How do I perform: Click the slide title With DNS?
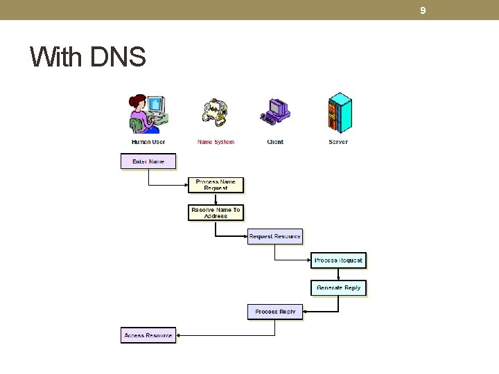coord(88,57)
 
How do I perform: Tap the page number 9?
coord(423,10)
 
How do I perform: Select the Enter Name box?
coord(148,161)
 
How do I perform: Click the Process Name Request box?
coord(216,185)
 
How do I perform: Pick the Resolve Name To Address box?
coord(216,213)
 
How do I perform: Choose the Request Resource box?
coord(274,236)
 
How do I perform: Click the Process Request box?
coord(338,260)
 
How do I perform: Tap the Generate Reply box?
coord(338,287)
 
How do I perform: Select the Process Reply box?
coord(275,312)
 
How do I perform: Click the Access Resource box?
coord(148,335)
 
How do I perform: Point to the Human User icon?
coord(148,114)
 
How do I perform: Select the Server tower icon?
coord(339,113)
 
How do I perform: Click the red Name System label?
coord(216,142)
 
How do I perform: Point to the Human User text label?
coord(148,142)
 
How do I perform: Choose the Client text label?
coord(275,142)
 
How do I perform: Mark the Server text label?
coord(338,142)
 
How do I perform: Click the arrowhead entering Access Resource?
coord(179,335)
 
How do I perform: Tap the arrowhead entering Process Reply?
coord(306,312)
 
